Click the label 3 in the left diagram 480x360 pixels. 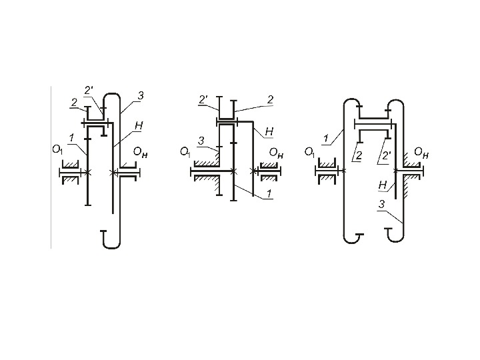140,95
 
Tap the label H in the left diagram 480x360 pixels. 139,126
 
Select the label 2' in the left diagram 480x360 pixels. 89,91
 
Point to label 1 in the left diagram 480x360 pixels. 71,139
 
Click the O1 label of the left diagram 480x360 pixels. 57,150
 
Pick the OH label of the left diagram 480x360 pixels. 140,153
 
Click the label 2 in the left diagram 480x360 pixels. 74,103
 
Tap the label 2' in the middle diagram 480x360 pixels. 203,100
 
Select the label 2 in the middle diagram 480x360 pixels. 270,100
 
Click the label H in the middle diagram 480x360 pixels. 269,131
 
